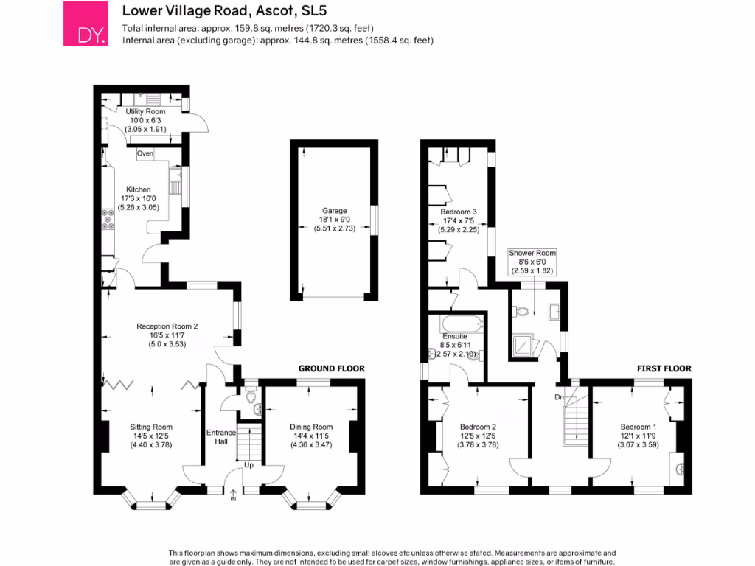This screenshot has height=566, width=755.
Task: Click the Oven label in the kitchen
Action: pyautogui.click(x=145, y=153)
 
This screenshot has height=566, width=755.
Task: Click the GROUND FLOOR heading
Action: pyautogui.click(x=331, y=368)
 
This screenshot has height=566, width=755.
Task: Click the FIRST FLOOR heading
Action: pyautogui.click(x=664, y=368)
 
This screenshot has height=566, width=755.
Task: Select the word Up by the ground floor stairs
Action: pyautogui.click(x=248, y=466)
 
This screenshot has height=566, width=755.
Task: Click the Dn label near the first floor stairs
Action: pyautogui.click(x=560, y=398)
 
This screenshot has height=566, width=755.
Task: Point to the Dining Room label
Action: pyautogui.click(x=311, y=427)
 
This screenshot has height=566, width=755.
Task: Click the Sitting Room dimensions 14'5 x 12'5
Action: pyautogui.click(x=151, y=436)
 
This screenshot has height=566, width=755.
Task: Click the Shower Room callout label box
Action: pyautogui.click(x=532, y=262)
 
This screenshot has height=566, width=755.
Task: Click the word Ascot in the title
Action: pyautogui.click(x=268, y=11)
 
